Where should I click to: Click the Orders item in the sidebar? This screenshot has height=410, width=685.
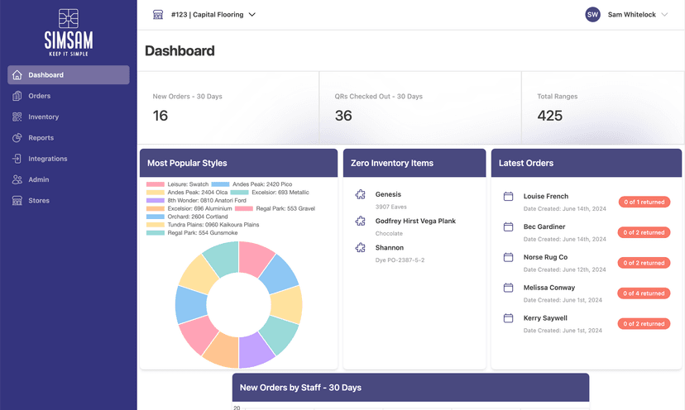coord(39,96)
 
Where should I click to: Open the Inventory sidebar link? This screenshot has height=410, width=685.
coord(43,117)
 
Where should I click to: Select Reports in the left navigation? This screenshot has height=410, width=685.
coord(41,138)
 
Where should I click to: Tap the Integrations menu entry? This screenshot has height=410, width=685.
coord(47,159)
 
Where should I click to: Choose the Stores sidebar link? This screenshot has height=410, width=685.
coord(38,201)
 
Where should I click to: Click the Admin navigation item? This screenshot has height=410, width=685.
coord(38,179)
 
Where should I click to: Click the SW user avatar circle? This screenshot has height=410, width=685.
coord(592,15)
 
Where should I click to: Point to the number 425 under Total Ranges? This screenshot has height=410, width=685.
coord(550,116)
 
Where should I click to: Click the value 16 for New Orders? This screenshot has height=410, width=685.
coord(160,116)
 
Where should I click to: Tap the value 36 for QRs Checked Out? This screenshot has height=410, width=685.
coord(343,116)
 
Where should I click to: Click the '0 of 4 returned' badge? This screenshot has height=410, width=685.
coord(644,293)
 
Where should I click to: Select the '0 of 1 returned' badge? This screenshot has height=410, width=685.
coord(644,202)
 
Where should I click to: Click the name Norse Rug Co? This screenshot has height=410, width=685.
coord(545,257)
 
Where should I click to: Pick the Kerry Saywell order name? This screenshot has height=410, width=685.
coord(545,318)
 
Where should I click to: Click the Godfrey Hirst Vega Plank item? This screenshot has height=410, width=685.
coord(415,222)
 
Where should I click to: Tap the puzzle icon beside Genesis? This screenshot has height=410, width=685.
coord(360,195)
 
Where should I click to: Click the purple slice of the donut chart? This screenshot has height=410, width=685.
coord(256,353)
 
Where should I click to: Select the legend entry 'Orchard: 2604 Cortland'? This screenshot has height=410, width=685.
coord(194,216)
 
